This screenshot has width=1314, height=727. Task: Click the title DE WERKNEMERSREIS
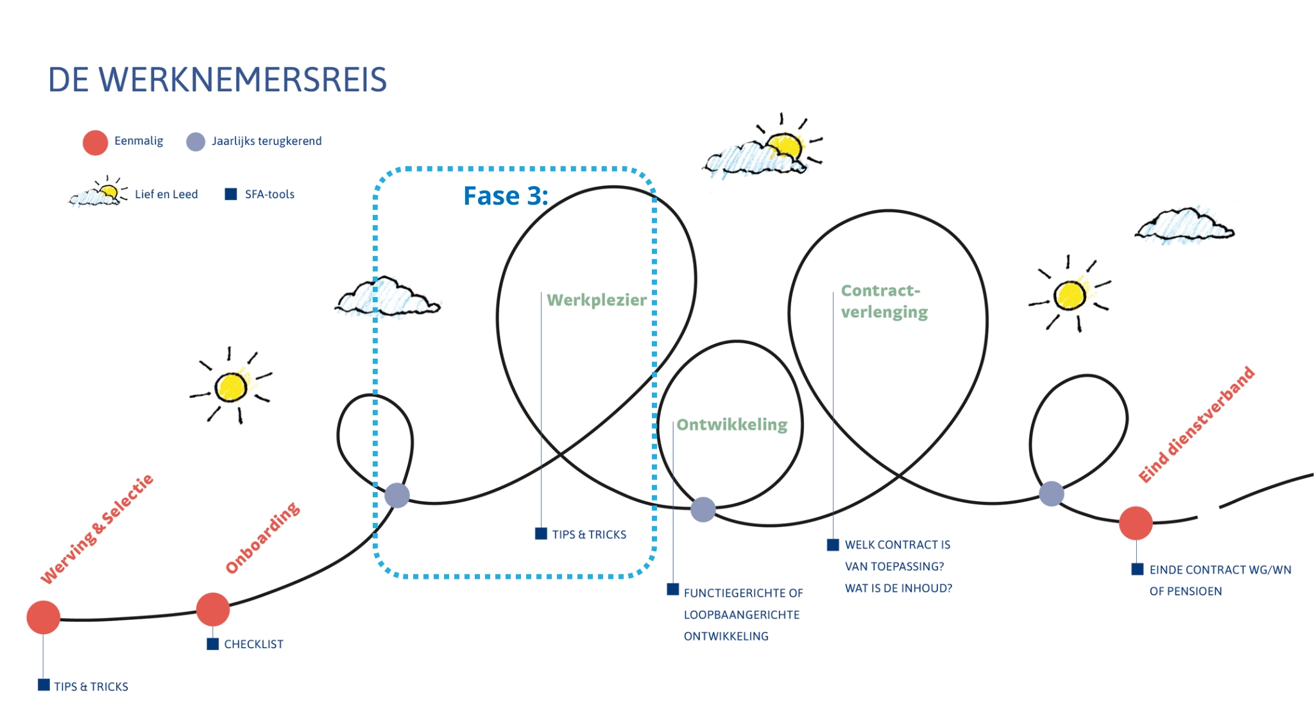[x=218, y=80]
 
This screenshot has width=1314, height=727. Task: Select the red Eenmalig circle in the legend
[x=95, y=142]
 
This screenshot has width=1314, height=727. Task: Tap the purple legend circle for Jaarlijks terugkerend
[x=196, y=142]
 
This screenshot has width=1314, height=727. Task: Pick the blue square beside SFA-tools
[x=231, y=194]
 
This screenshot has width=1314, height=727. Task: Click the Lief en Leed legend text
[x=166, y=194]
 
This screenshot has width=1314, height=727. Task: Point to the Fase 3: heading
[x=506, y=196]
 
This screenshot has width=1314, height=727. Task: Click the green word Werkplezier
[x=597, y=300]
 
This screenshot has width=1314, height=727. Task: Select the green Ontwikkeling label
[x=732, y=425]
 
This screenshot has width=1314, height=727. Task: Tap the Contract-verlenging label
[x=884, y=301]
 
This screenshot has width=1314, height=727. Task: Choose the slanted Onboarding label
[x=262, y=538]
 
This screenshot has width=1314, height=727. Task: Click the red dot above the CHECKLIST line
[x=213, y=610]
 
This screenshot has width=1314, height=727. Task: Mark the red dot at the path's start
[x=44, y=617]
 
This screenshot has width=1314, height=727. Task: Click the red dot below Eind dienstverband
[x=1136, y=523]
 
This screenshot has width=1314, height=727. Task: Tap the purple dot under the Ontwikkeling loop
[x=703, y=509]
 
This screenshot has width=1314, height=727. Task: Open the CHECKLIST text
[x=253, y=644]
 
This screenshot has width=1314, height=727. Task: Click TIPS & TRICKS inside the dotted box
[x=589, y=535]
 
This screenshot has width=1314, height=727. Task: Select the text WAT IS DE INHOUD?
[x=898, y=588]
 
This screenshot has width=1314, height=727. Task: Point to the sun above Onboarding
[x=231, y=386]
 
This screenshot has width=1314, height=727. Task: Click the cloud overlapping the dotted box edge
[x=388, y=297]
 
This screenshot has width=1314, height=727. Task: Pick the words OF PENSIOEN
[x=1186, y=592]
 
